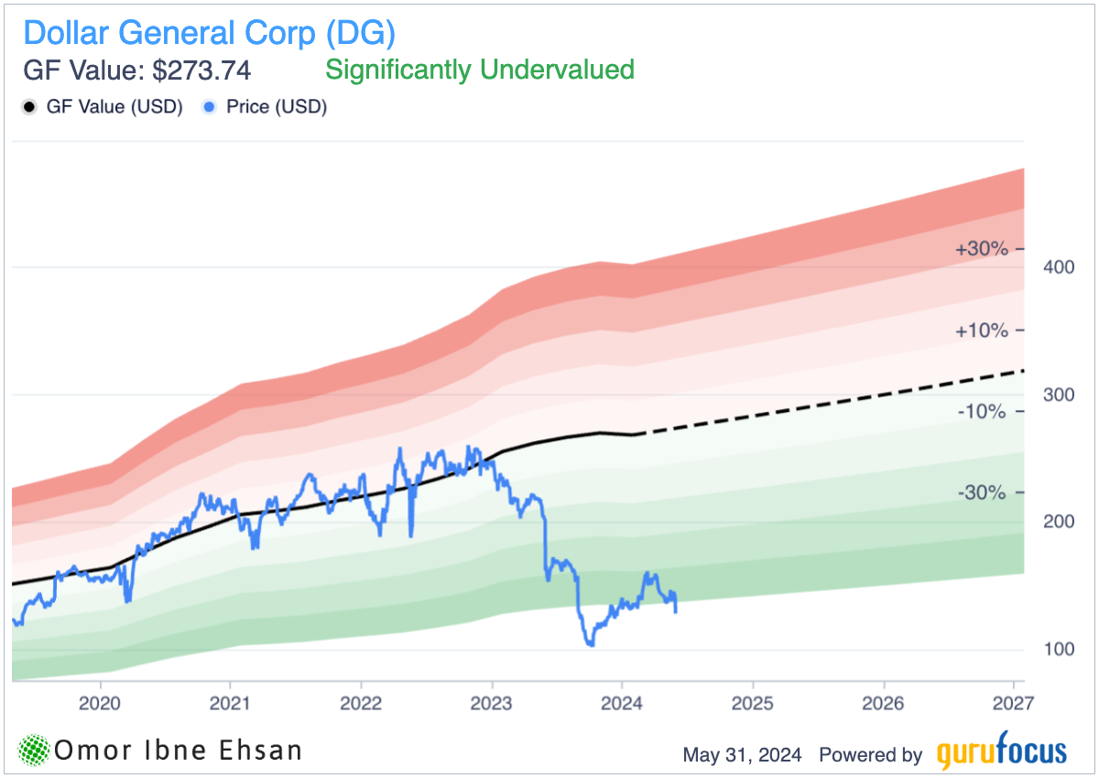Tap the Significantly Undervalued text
click(480, 70)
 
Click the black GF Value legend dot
click(28, 107)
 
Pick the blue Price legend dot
click(209, 107)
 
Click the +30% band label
click(981, 249)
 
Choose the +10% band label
click(981, 330)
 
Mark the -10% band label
click(983, 411)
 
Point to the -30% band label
click(983, 492)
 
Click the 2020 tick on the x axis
click(99, 704)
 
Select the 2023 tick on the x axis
click(492, 704)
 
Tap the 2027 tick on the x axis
click(1013, 704)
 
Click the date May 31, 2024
click(742, 755)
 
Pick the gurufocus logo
click(1002, 752)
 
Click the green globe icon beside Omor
click(35, 751)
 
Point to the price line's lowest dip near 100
click(591, 644)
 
